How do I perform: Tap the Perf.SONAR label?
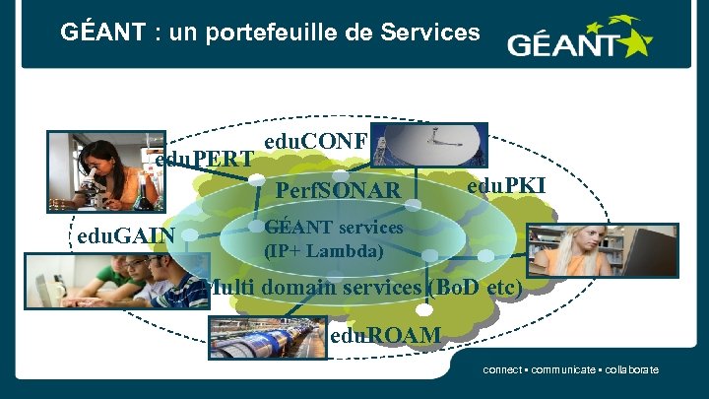pos(339,189)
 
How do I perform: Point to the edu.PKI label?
pos(506,186)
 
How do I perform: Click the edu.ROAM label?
pos(386,336)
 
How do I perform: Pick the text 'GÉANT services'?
pos(335,228)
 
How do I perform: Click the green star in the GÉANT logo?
pos(632,37)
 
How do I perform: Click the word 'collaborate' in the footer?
pos(631,370)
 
